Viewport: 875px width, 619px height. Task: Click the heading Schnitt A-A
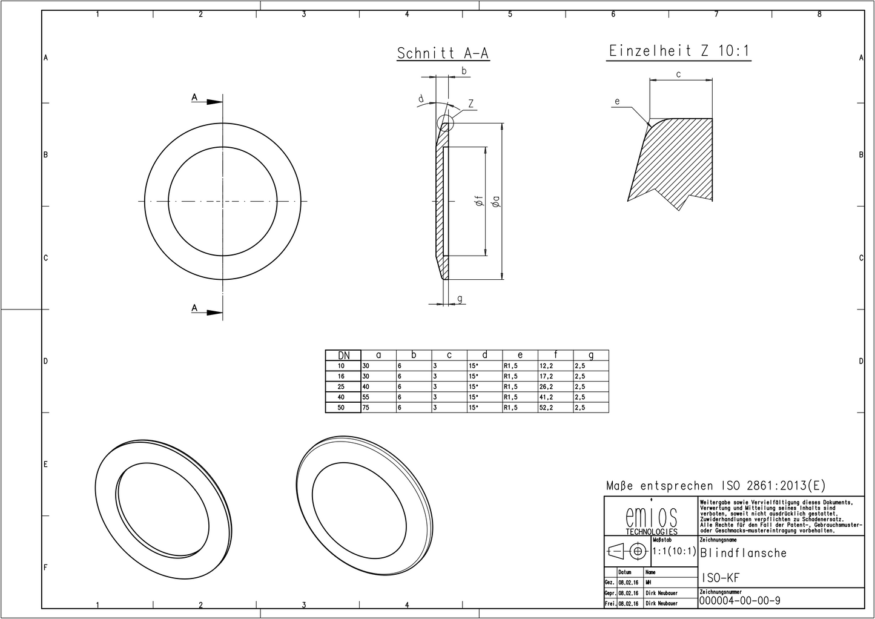point(443,53)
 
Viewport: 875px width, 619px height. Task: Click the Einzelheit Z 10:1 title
point(679,51)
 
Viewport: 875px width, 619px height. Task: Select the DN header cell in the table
point(343,356)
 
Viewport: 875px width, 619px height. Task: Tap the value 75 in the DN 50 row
point(366,408)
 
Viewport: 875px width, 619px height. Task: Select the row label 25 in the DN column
point(341,387)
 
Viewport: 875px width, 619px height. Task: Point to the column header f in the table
point(556,356)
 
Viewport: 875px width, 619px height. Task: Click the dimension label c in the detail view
point(679,74)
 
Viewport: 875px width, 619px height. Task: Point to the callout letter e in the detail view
point(617,102)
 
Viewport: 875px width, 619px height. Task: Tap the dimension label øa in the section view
point(496,202)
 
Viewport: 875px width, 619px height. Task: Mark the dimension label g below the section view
point(460,298)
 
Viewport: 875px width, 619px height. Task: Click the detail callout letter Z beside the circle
point(470,104)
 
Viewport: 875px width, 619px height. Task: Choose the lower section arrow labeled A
point(206,311)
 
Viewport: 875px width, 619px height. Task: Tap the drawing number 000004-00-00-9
point(739,601)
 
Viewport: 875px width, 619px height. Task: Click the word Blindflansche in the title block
point(744,553)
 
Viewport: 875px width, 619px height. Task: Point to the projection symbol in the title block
point(627,552)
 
